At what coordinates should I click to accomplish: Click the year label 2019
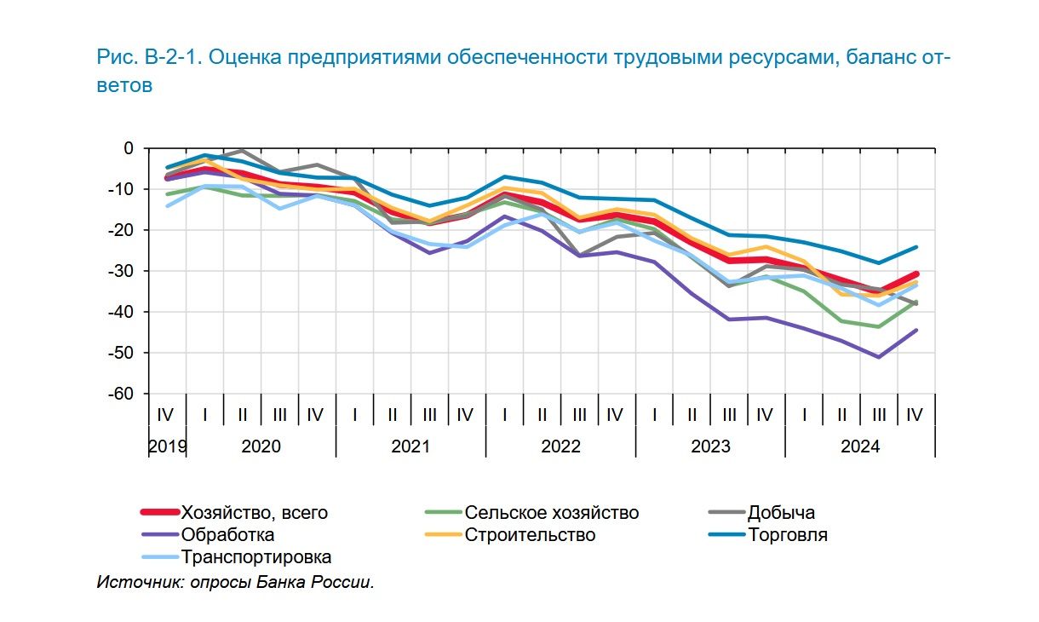pyautogui.click(x=167, y=446)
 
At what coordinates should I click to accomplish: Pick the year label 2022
pyautogui.click(x=560, y=446)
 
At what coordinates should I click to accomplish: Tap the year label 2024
pyautogui.click(x=860, y=446)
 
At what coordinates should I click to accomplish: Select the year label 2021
pyautogui.click(x=410, y=446)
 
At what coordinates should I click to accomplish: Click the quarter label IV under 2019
pyautogui.click(x=166, y=415)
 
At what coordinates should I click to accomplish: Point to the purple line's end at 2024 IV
pyautogui.click(x=916, y=331)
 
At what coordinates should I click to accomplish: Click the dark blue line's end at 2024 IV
pyautogui.click(x=916, y=247)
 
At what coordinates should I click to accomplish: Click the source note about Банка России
pyautogui.click(x=235, y=583)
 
